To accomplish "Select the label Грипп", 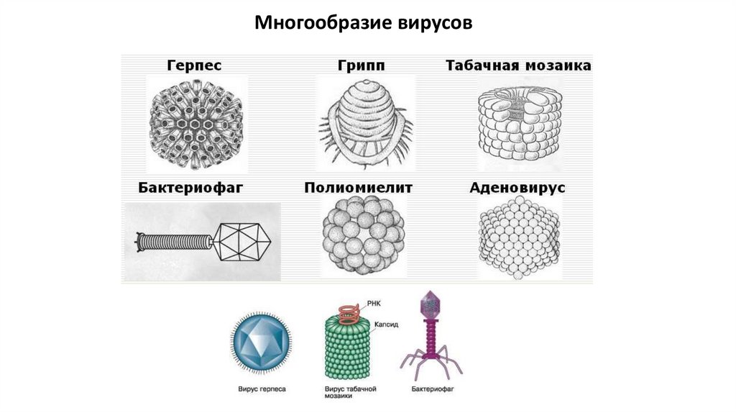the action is (362, 65).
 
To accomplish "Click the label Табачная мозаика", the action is (518, 65).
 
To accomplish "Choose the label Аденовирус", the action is (517, 188).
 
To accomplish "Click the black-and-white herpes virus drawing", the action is (196, 124).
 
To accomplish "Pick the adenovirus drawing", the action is (519, 238).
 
